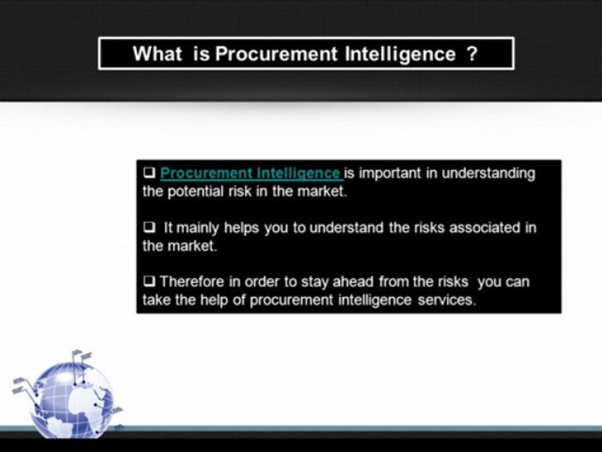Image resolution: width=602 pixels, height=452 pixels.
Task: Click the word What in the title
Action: (x=157, y=54)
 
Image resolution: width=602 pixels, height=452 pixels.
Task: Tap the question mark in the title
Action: (x=472, y=54)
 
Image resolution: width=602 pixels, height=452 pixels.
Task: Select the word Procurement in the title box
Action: (x=277, y=54)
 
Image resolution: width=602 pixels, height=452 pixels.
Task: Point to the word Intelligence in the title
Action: (x=400, y=54)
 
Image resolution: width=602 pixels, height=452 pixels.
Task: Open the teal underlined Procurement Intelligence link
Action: (x=250, y=173)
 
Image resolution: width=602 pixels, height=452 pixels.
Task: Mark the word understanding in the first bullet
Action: (x=488, y=173)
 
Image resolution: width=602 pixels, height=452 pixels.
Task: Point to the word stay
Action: (x=315, y=281)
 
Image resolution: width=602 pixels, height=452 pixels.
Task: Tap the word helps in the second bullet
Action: (x=242, y=227)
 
